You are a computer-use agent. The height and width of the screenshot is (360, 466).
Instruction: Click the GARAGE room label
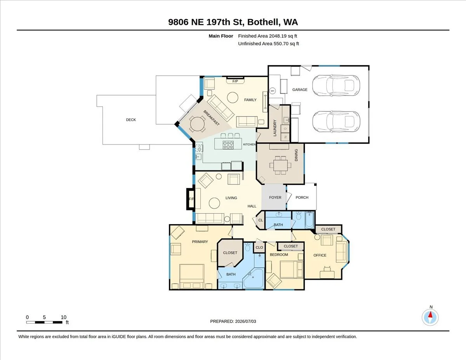[x=299, y=90]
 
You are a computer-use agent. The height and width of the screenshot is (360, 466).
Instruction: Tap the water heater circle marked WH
[x=272, y=91]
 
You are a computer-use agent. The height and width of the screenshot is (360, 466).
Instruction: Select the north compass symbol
[x=430, y=317]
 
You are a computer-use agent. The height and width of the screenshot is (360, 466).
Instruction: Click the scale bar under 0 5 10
[x=44, y=322]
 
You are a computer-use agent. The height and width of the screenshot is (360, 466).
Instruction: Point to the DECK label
[x=131, y=120]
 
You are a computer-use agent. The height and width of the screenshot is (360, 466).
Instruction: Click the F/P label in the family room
[x=235, y=81]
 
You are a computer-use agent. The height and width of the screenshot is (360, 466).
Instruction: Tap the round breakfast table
[x=197, y=124]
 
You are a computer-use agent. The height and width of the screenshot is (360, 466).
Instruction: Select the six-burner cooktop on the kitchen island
[x=228, y=145]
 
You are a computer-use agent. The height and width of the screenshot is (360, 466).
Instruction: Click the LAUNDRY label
[x=275, y=128]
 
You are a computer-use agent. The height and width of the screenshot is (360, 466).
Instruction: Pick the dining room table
[x=280, y=165]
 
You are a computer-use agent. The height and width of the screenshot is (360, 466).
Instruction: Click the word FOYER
[x=275, y=197]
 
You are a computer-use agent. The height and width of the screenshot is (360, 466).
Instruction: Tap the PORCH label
[x=302, y=197]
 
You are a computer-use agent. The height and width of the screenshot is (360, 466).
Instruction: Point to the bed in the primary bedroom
[x=191, y=277]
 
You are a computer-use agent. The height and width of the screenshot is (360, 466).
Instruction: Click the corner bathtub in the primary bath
[x=254, y=278]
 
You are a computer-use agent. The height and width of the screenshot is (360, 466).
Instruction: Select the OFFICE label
[x=320, y=256]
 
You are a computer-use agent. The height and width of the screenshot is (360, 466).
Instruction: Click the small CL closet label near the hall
[x=261, y=220]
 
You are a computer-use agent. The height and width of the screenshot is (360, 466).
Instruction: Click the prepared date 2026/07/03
[x=245, y=322]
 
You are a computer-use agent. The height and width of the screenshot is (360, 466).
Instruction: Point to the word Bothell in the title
[x=264, y=22]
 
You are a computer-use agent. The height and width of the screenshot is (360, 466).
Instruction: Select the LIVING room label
[x=231, y=198]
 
